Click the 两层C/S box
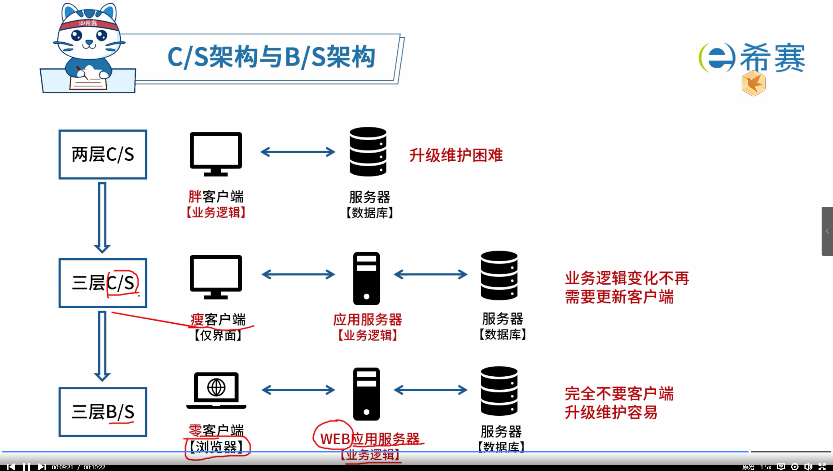102,155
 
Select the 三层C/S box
102,283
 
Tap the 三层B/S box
102,412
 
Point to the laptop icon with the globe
216,390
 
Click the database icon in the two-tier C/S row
368,152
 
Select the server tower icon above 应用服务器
366,278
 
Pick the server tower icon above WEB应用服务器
366,394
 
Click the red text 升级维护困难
456,155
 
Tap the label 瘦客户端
218,320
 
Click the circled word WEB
335,439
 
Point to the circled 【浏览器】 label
216,448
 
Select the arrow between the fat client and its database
298,152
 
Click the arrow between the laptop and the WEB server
298,390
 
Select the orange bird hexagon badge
753,84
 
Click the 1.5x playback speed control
766,467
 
